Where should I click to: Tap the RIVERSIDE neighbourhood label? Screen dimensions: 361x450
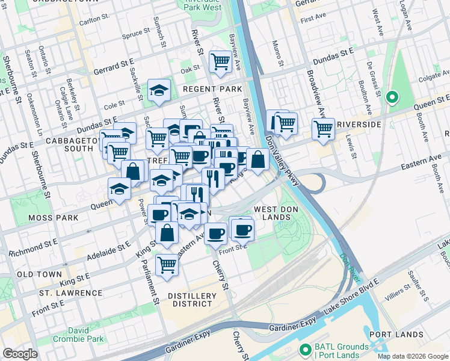click(x=359, y=125)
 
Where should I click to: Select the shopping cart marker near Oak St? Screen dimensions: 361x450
click(x=221, y=61)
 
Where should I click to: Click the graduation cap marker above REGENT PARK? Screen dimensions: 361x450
click(x=159, y=90)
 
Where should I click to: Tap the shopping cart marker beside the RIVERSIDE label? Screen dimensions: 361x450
click(x=323, y=129)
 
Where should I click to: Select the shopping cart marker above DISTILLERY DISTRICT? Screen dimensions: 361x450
click(x=167, y=264)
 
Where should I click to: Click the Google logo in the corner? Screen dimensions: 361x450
click(x=20, y=353)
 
